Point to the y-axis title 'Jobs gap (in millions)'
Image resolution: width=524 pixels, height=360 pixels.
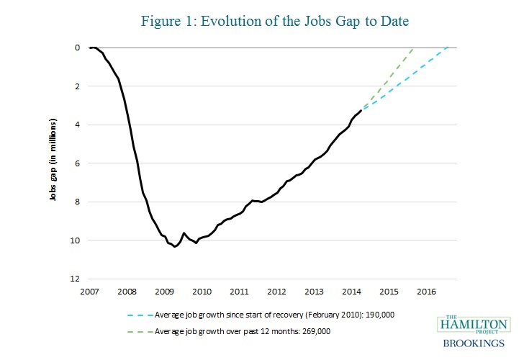click(53, 163)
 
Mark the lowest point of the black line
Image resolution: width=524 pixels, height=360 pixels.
click(175, 247)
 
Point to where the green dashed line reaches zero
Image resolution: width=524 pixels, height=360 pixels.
click(413, 48)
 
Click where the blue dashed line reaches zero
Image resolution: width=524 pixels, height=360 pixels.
click(448, 48)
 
